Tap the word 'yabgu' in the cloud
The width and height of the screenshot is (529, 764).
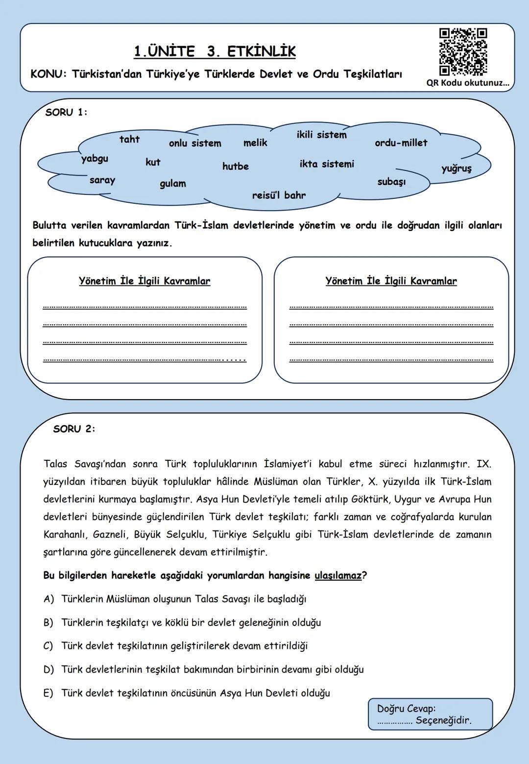[95, 159]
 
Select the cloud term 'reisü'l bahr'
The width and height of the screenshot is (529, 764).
[279, 195]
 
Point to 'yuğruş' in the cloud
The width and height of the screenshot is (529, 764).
[457, 168]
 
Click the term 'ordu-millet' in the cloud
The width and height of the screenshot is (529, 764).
[401, 143]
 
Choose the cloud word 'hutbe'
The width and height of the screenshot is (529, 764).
[236, 167]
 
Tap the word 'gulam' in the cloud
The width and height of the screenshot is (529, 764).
[173, 184]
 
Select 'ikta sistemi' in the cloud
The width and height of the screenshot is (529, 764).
[327, 164]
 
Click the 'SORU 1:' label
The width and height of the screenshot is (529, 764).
[66, 113]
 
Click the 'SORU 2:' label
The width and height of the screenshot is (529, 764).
[74, 429]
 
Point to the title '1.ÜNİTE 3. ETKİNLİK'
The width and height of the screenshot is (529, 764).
[215, 51]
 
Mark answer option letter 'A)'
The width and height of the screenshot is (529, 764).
[48, 599]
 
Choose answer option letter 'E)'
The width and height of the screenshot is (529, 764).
[48, 693]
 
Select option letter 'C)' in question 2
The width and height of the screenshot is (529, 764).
[48, 646]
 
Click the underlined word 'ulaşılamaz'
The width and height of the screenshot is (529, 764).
[338, 575]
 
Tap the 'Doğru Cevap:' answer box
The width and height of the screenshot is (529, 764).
[430, 715]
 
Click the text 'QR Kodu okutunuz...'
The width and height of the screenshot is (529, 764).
[468, 83]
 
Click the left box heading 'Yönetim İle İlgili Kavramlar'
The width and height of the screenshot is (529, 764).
[144, 281]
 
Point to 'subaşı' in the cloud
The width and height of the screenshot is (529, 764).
[391, 182]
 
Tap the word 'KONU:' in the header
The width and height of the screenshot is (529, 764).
[48, 74]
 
